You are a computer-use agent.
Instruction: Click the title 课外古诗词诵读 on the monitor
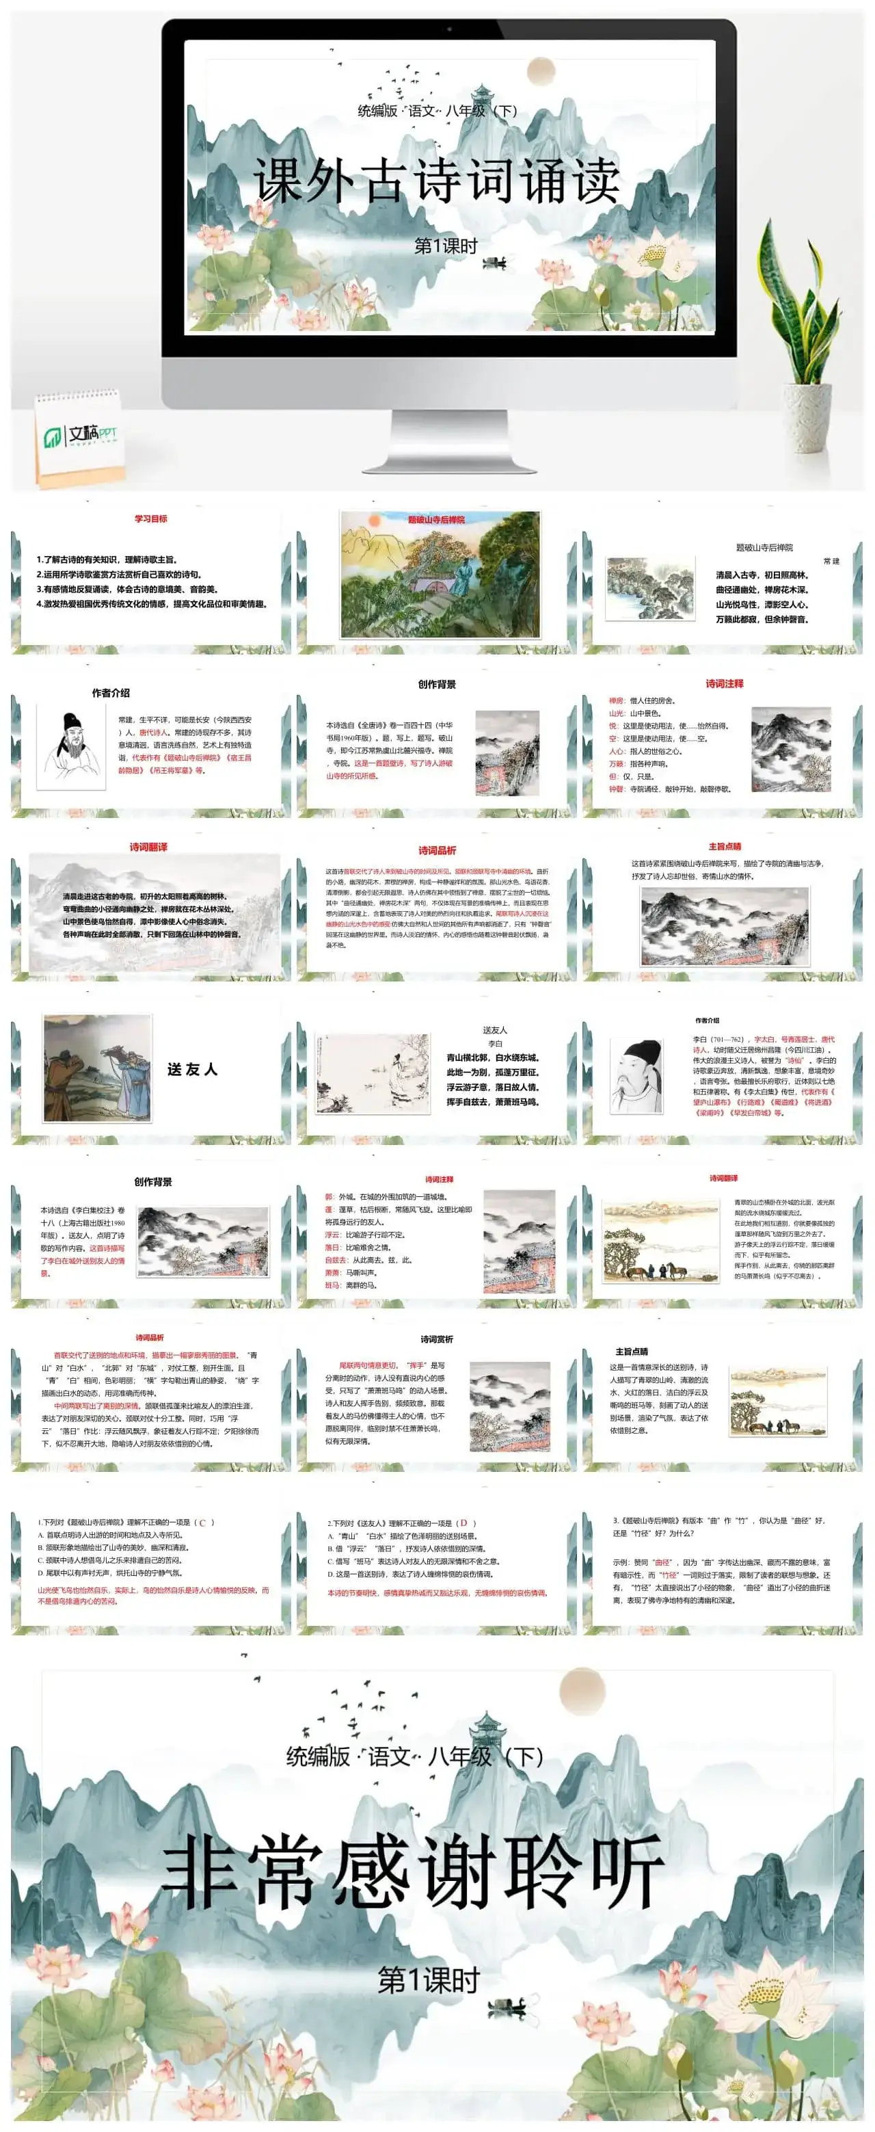[x=437, y=181]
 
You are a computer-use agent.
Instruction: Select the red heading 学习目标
[x=150, y=519]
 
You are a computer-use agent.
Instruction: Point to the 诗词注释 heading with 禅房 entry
[x=724, y=683]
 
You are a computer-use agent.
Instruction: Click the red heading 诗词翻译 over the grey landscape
[x=148, y=847]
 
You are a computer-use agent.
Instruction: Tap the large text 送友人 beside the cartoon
[x=192, y=1069]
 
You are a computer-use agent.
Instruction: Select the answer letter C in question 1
[x=202, y=1522]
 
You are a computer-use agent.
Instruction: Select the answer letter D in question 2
[x=464, y=1523]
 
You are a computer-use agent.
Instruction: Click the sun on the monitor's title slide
[x=540, y=70]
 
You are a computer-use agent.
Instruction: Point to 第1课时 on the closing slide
[x=429, y=1981]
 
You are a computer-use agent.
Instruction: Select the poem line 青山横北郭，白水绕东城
[x=493, y=1057]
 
